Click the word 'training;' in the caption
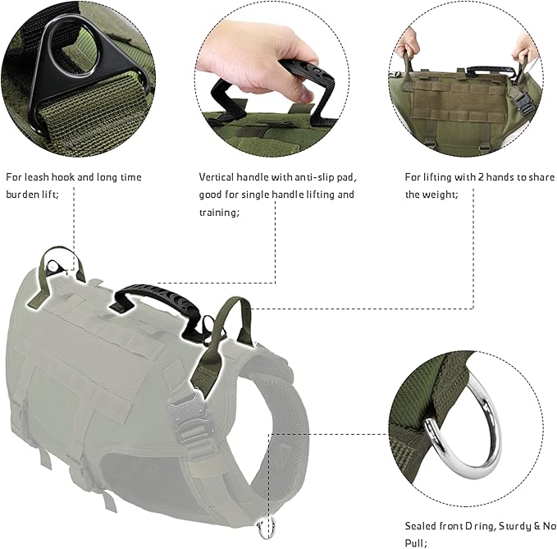point(219,213)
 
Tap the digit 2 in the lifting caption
point(480,177)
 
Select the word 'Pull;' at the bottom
point(416,543)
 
